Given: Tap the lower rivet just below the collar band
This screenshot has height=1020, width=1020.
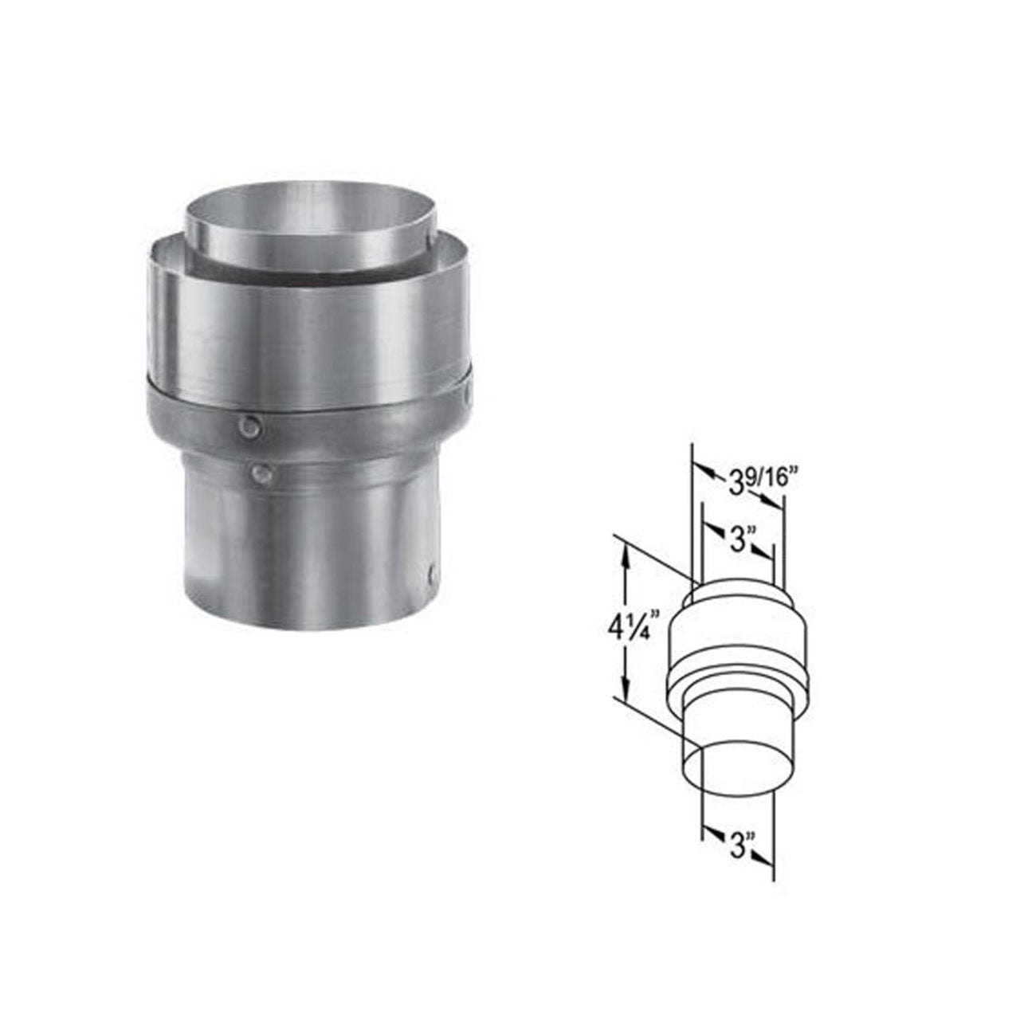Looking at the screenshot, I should coord(260,476).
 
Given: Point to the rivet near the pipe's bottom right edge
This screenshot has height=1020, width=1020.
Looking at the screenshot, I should coord(431,573).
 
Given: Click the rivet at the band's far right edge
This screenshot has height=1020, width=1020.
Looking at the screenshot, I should coord(469,392).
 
